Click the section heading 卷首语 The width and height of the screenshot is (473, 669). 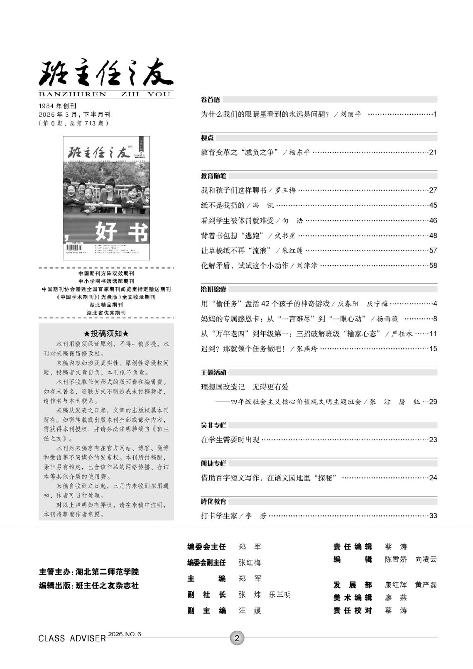click(211, 100)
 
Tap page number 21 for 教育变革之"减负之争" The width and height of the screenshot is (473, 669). click(433, 152)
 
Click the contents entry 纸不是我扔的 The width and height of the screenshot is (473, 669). click(223, 206)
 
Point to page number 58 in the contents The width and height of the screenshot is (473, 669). click(433, 266)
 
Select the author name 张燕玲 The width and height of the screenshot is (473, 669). click(307, 349)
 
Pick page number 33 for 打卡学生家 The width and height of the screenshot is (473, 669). click(433, 516)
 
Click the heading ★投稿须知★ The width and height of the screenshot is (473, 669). click(106, 333)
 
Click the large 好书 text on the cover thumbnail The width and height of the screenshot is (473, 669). click(121, 232)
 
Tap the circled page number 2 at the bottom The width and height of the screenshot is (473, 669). click(237, 638)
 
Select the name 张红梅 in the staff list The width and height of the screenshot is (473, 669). click(250, 563)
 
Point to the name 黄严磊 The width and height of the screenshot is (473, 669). click(426, 585)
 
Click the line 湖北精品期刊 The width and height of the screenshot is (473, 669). click(106, 305)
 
